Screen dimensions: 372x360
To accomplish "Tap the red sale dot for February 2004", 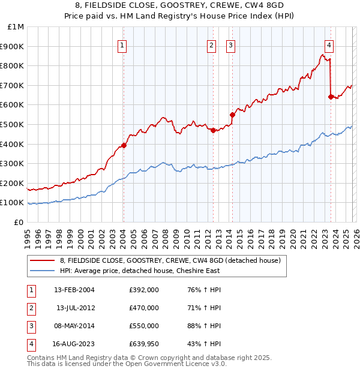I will coord(124,145).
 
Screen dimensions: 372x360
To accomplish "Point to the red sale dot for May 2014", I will coord(232,114).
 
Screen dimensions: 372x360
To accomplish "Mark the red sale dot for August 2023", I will coord(331,97).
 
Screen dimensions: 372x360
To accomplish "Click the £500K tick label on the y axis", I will coord(12,124).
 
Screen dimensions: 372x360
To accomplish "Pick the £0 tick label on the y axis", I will coord(19,222).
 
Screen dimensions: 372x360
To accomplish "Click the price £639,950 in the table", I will coord(144,344).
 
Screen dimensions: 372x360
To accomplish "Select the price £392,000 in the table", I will coord(144,290).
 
